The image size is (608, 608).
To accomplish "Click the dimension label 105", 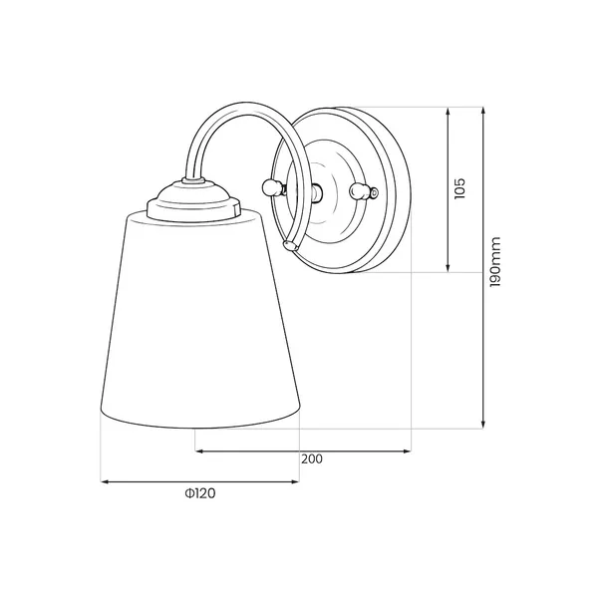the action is [459, 188].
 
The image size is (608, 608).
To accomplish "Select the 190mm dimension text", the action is [495, 262].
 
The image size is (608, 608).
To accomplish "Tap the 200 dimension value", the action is [312, 459].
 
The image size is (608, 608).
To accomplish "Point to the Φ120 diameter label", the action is [200, 493].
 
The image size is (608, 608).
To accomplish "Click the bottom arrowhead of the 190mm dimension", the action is [483, 425].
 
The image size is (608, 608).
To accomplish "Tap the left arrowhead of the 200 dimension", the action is [198, 451].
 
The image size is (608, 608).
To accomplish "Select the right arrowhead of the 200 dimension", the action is [407, 451].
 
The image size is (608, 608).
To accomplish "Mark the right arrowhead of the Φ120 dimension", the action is [295, 482].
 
